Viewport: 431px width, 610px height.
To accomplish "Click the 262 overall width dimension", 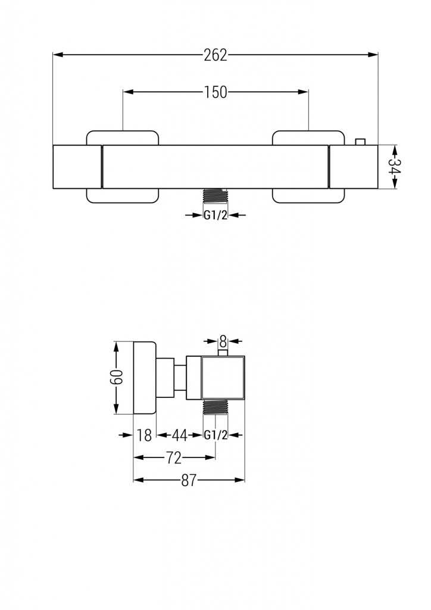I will (215, 55).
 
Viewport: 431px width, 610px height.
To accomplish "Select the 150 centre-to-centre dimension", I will (215, 92).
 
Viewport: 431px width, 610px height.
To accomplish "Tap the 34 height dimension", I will (393, 167).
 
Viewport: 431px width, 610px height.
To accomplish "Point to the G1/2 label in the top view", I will (215, 216).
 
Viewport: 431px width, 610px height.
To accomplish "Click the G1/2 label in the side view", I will (215, 435).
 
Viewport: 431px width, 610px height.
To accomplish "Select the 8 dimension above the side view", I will (223, 341).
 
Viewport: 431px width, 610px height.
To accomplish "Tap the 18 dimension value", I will (144, 435).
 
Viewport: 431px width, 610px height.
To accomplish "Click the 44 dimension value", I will (180, 435).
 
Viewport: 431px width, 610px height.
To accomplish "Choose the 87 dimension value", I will (189, 481).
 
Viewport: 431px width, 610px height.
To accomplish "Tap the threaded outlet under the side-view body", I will (215, 407).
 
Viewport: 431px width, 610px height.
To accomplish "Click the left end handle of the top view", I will (77, 167).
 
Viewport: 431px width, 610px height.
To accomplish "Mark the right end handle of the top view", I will (353, 167).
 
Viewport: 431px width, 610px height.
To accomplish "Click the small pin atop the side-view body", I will (223, 353).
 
